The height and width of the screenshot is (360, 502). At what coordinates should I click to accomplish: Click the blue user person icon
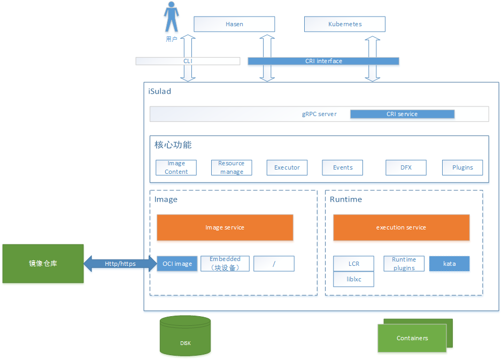171,17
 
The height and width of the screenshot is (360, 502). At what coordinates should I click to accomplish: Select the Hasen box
234,24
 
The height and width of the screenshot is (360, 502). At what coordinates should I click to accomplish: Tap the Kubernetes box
345,24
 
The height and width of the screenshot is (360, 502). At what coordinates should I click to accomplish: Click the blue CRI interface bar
323,61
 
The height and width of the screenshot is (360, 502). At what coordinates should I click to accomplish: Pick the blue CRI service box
402,114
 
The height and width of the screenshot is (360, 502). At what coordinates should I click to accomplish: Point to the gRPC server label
319,114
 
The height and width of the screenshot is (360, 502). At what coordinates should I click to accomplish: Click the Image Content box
176,167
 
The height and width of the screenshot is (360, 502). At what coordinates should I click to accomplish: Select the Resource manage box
231,167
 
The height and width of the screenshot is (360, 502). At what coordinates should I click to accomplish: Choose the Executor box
287,167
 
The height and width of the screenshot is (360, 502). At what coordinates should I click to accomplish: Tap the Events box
343,167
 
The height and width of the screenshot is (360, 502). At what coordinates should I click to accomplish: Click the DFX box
406,167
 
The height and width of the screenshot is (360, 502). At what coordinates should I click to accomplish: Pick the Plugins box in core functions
462,167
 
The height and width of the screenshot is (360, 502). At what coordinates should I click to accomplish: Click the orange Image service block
225,227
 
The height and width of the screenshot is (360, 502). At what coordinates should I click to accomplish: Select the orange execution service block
401,227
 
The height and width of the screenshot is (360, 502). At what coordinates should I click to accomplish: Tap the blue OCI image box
177,264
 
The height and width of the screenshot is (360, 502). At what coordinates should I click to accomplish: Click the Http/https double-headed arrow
120,263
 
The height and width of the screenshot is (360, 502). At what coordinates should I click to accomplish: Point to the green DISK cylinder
185,336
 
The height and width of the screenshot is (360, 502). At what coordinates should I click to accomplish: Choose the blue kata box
449,264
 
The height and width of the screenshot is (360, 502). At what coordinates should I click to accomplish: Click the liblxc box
353,279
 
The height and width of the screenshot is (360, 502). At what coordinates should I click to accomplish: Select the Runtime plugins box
404,264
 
